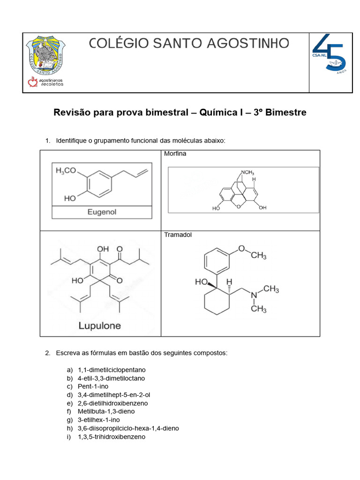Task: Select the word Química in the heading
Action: [x=217, y=112]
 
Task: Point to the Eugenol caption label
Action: [x=102, y=212]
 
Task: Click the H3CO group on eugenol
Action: [x=66, y=171]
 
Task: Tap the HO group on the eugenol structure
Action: [x=70, y=198]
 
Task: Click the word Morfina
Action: [x=175, y=154]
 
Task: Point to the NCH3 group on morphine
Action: [x=247, y=172]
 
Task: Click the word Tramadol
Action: [x=178, y=235]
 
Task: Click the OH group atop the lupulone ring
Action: [x=103, y=248]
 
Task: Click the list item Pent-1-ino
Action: [x=93, y=386]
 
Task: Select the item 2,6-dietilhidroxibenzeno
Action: [x=112, y=403]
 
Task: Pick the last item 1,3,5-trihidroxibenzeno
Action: [x=112, y=437]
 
